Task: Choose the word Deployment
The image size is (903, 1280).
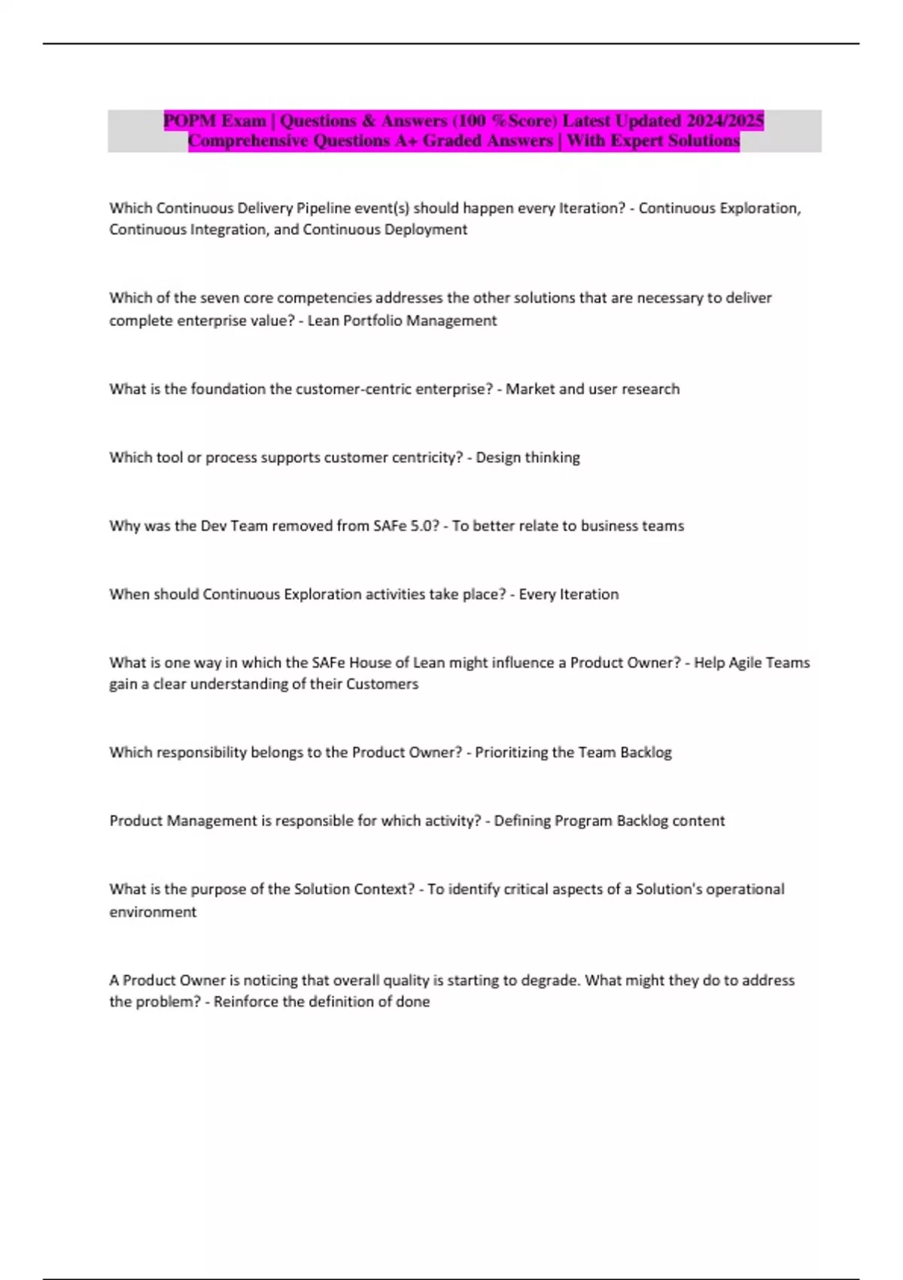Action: (x=425, y=230)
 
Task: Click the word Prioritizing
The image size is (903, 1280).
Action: (x=511, y=752)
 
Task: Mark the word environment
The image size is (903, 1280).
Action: (x=153, y=912)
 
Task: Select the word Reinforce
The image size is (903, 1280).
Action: (x=245, y=1002)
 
